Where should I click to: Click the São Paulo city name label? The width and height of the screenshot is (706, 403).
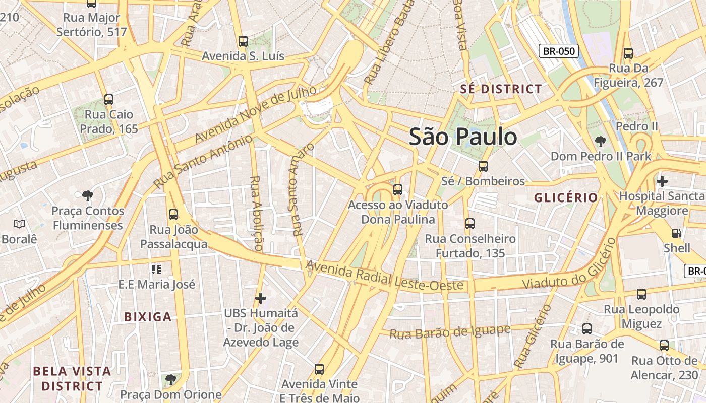coord(463,137)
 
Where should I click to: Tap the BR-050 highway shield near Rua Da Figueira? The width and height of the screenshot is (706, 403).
coord(558,51)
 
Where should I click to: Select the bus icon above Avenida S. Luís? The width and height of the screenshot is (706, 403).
coord(243,41)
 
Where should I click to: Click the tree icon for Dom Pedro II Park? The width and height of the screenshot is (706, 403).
coord(600,141)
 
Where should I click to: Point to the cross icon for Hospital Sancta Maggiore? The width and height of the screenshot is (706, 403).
coord(662,180)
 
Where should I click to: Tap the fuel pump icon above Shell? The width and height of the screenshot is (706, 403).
coord(676,233)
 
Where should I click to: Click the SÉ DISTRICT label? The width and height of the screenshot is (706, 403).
coord(501,89)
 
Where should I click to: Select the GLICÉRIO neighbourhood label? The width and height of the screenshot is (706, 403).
coord(566,197)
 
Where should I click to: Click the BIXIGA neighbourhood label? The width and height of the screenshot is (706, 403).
coord(148,317)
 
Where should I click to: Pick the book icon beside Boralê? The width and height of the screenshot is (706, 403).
coord(19,223)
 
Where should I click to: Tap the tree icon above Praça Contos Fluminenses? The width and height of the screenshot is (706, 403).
coord(88,195)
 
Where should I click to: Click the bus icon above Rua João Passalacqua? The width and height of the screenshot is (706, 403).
coord(173,215)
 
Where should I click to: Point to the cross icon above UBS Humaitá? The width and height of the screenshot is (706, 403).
coord(261,298)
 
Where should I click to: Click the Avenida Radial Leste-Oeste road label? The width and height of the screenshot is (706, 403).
coord(384,277)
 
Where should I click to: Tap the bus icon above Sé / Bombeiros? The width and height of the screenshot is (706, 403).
coord(483,166)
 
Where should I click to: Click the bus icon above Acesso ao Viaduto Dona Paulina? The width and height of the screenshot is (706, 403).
coord(398,189)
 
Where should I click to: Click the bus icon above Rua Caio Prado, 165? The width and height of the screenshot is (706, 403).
coord(109,99)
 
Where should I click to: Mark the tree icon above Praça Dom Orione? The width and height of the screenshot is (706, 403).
coord(171,379)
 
